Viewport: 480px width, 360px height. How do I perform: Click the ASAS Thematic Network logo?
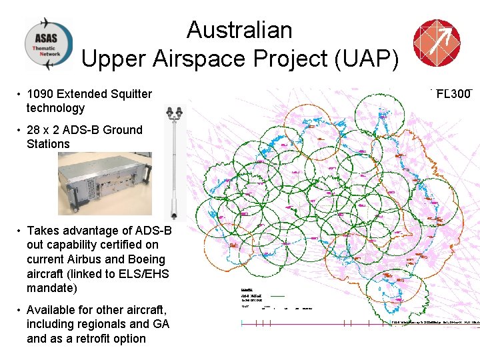point(49,43)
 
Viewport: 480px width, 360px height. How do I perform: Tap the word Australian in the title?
point(239,30)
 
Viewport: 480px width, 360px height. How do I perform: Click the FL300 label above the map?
point(453,94)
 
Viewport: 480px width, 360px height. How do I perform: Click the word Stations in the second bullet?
point(48,144)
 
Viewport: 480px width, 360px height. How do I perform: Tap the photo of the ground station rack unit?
point(105,183)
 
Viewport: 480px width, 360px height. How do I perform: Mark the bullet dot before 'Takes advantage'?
point(20,231)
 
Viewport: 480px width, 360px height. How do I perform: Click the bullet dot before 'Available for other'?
point(20,310)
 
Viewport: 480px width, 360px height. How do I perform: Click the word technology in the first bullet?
point(56,108)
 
